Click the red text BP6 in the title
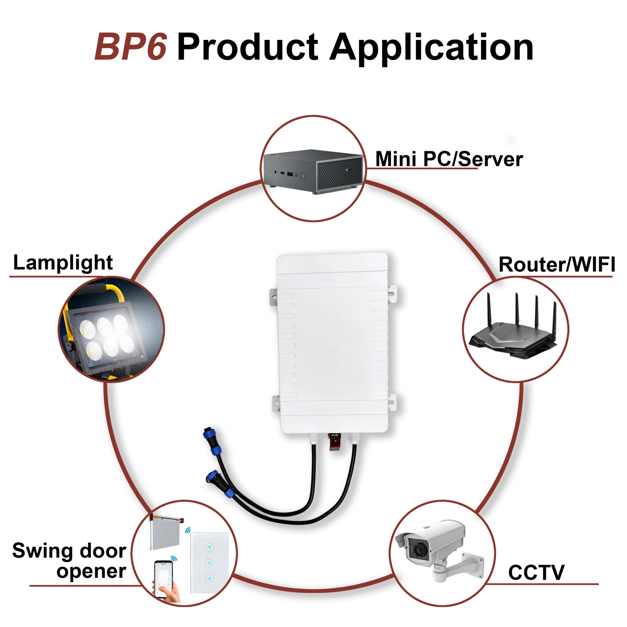(x=131, y=47)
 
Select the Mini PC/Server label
(x=449, y=159)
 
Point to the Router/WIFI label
(x=556, y=265)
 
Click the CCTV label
(x=536, y=573)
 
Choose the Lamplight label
(x=63, y=263)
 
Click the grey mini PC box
(x=313, y=172)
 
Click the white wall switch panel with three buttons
(x=209, y=562)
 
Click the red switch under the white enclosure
(x=334, y=442)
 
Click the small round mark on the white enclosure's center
(x=332, y=345)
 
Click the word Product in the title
(x=248, y=48)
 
